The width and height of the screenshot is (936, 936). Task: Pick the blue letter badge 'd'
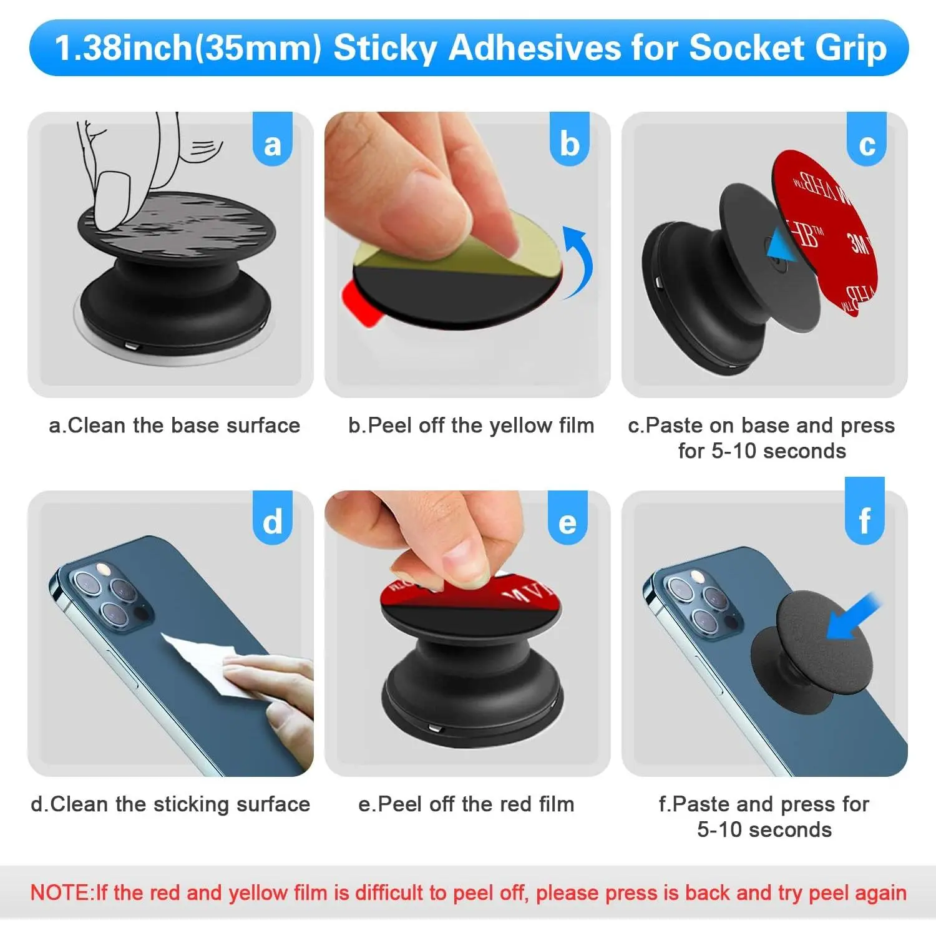[x=273, y=518]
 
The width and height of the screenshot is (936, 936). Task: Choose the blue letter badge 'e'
[x=568, y=518]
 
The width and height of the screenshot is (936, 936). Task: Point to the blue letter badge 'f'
[x=865, y=512]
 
